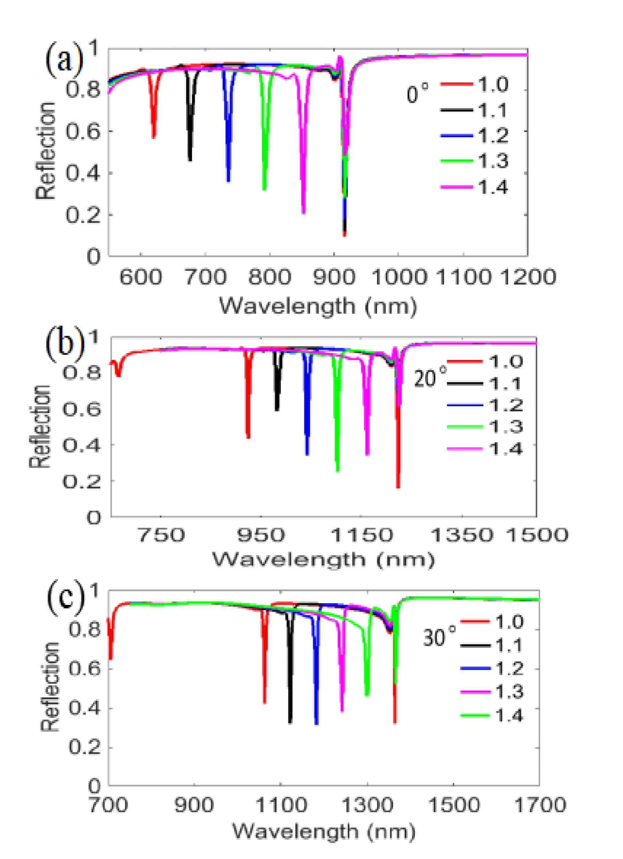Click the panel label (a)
[x=64, y=59]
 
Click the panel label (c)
[x=65, y=597]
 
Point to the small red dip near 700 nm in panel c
[x=110, y=658]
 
